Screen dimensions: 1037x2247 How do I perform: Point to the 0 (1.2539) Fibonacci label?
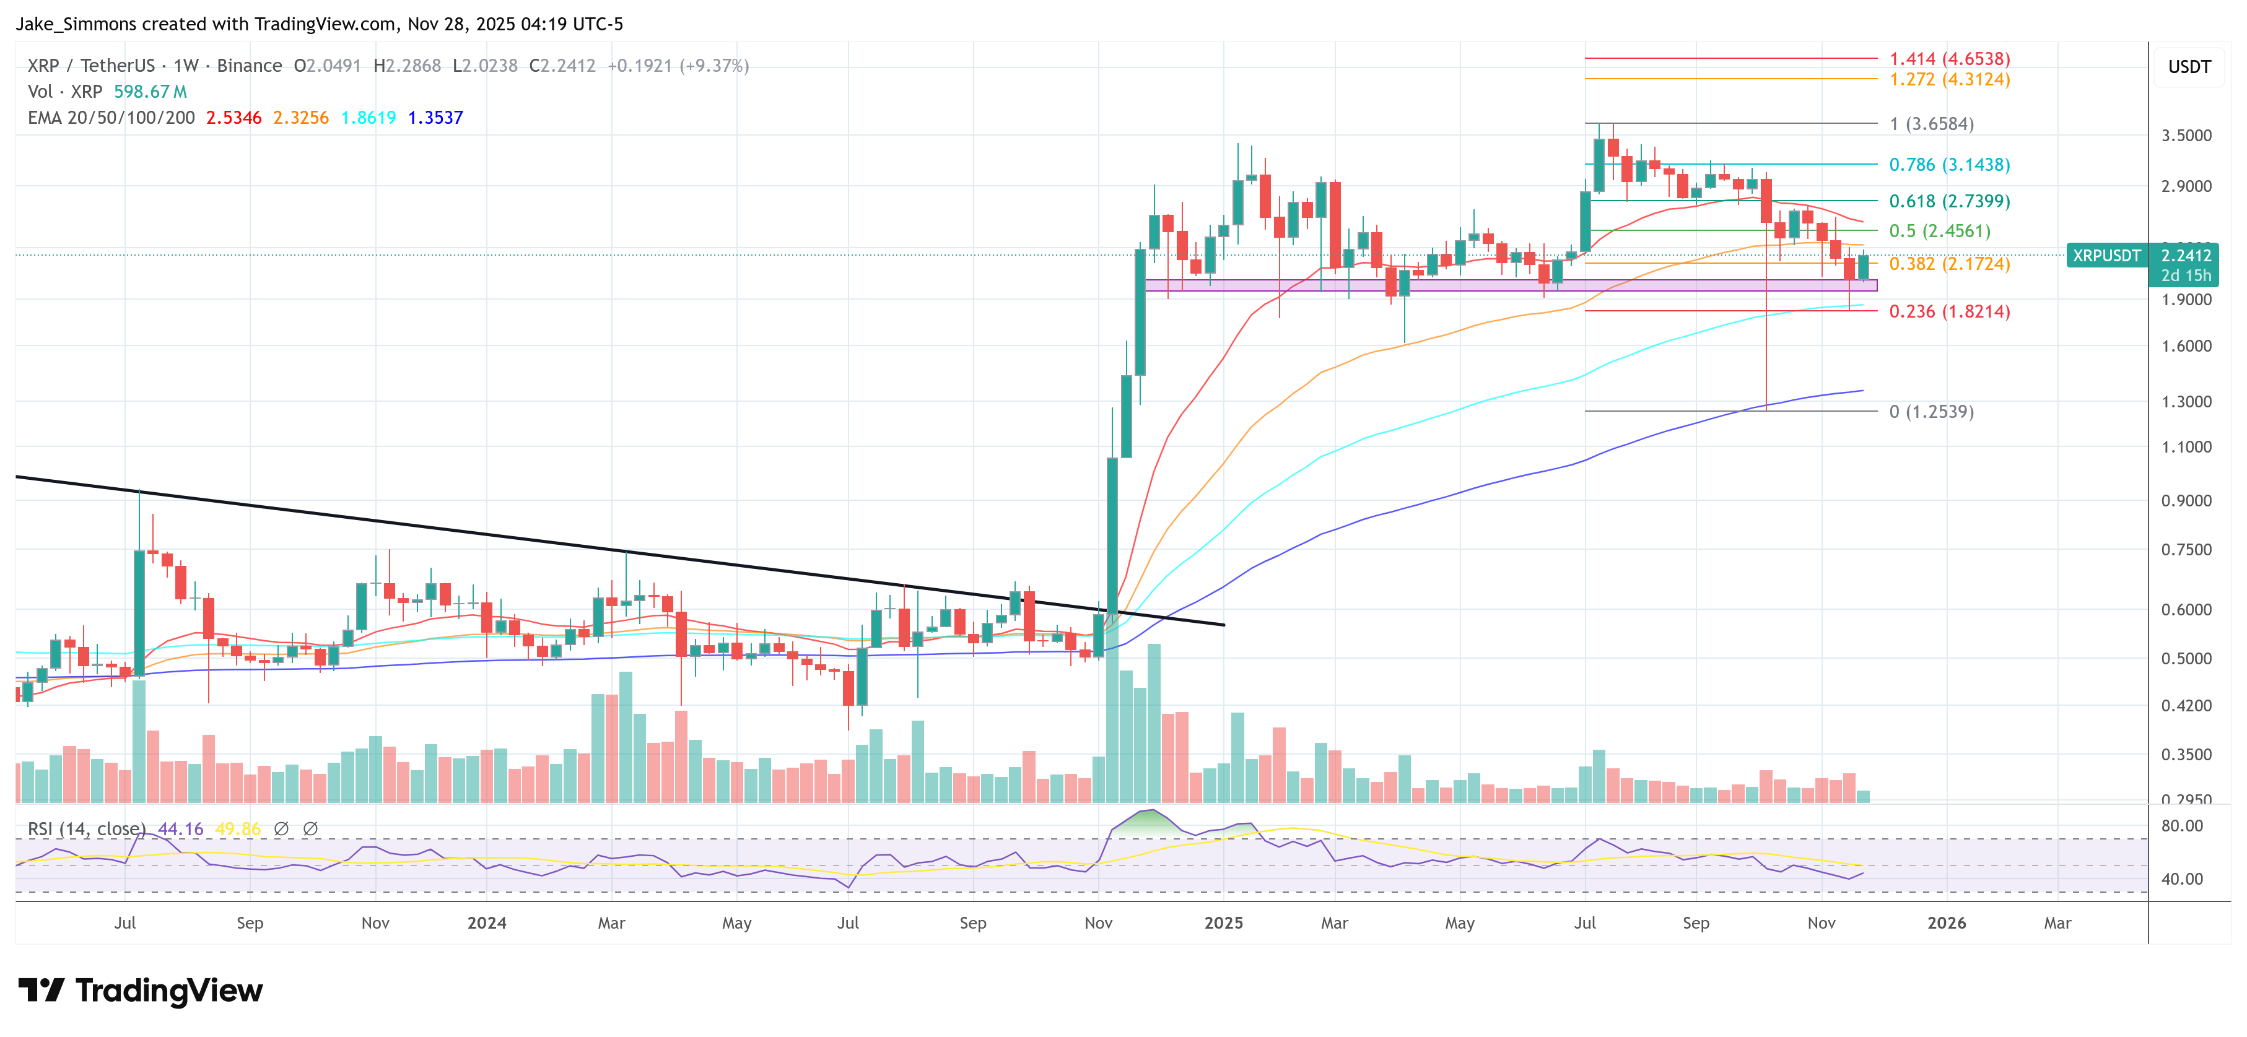[x=1931, y=412]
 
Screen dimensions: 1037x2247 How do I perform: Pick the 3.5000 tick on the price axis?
[x=2186, y=135]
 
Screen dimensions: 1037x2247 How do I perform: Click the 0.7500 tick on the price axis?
[x=2186, y=550]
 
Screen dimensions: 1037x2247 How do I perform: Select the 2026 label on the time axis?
[x=1946, y=922]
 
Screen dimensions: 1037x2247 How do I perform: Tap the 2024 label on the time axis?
[x=487, y=922]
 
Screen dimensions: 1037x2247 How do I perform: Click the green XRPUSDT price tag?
[x=2106, y=256]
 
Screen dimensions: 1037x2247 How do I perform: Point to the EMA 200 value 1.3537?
[x=435, y=118]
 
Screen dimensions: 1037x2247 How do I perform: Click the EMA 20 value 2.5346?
[x=233, y=118]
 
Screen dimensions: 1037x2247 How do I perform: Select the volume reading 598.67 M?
[x=150, y=92]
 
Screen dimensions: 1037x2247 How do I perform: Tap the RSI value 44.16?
[x=181, y=828]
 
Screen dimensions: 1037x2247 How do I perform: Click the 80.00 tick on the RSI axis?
[x=2181, y=826]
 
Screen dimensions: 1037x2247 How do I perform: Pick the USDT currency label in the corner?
[x=2189, y=67]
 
